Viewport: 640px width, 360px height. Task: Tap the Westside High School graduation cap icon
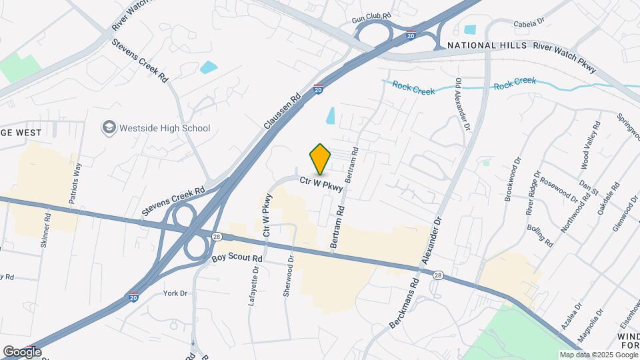[x=108, y=127]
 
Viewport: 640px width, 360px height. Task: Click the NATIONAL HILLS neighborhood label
[x=486, y=45]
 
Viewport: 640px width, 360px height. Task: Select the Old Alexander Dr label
[x=463, y=103]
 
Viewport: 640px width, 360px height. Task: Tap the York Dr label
[x=175, y=293]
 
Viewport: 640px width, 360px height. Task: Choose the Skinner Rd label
[x=46, y=231]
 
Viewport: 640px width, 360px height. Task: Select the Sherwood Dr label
[x=289, y=278]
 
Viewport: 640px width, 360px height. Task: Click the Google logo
[x=22, y=351]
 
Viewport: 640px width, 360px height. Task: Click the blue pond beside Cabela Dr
[x=470, y=29]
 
